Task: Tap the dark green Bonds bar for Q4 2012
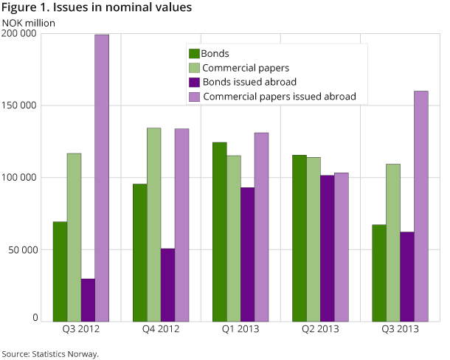tap(140, 252)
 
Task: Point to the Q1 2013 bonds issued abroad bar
tap(247, 255)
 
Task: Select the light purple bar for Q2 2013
tap(341, 247)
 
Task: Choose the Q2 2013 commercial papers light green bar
tap(314, 239)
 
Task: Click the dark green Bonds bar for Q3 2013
tap(379, 273)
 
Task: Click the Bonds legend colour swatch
tap(195, 53)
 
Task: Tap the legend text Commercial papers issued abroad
tap(280, 97)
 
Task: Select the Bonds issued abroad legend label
tap(249, 82)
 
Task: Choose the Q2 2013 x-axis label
tap(320, 328)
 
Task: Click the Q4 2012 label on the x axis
tap(160, 328)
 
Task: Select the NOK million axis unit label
tap(29, 21)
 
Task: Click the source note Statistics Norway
tap(50, 354)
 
